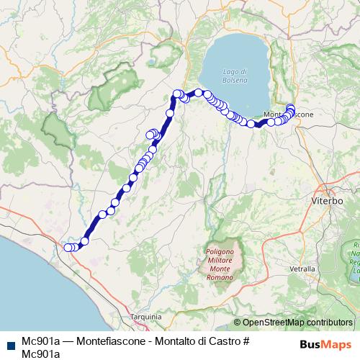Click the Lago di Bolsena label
point(234,74)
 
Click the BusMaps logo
point(325,344)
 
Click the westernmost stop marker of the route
point(68,248)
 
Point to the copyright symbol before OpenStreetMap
point(238,323)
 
